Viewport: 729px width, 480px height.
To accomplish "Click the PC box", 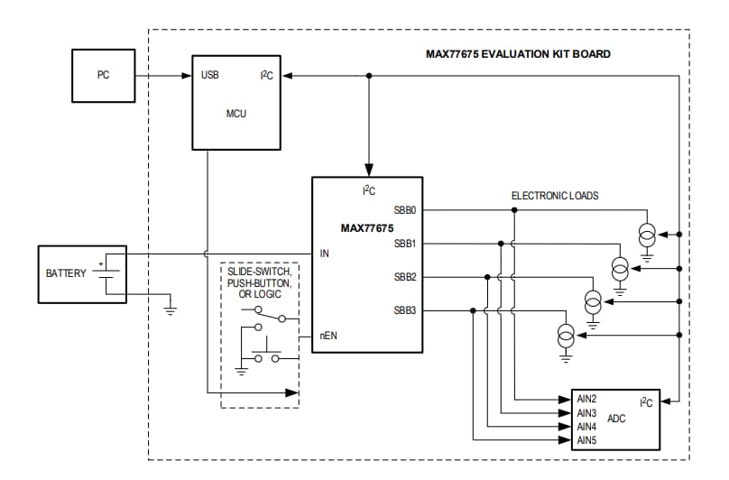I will [103, 76].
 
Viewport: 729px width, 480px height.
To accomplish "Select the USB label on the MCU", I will [209, 76].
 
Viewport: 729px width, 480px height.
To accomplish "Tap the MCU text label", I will [235, 114].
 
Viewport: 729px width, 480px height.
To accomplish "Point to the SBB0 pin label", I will [404, 210].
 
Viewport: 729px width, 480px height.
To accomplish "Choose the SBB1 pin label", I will [404, 243].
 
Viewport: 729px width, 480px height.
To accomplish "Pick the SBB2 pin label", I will [404, 277].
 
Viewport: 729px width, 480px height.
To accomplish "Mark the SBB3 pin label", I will [404, 310].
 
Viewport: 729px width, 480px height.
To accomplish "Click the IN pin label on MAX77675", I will [325, 254].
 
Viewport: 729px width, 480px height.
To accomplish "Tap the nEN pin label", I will [328, 335].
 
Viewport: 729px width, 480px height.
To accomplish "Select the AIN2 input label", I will [587, 398].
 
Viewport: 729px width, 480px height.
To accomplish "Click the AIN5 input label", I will [587, 440].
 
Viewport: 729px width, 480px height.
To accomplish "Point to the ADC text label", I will [617, 419].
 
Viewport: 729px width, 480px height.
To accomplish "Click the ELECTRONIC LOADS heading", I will [555, 195].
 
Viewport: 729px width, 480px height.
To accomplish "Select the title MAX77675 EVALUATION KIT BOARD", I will [518, 54].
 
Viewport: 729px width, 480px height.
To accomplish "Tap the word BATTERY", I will [66, 272].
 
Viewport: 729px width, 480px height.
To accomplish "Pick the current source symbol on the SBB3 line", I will [565, 336].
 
